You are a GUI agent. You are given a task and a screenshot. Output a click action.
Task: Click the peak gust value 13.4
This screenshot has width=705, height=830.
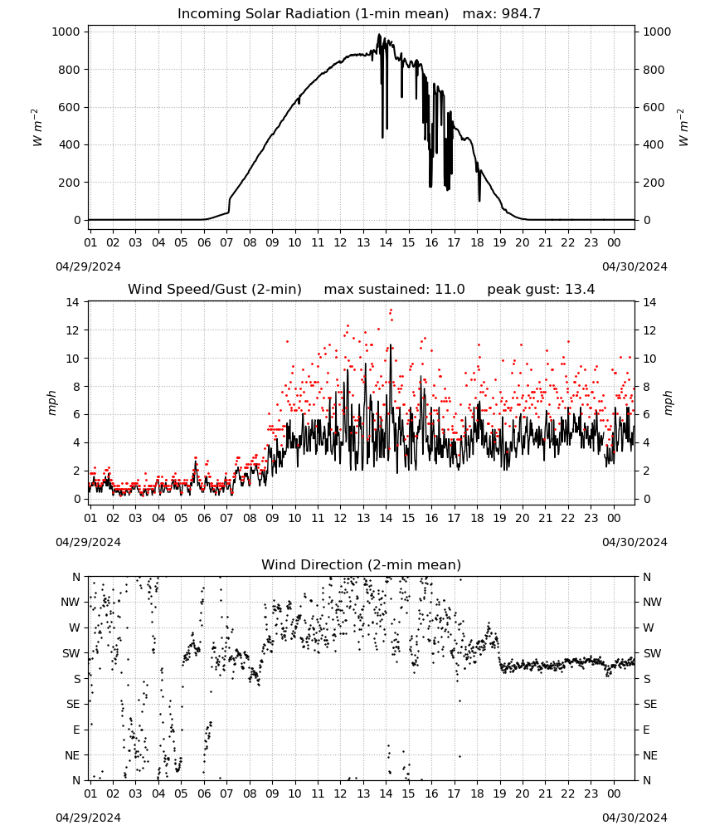(x=581, y=290)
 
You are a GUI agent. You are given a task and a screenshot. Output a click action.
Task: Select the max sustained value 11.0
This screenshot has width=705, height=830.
(x=450, y=290)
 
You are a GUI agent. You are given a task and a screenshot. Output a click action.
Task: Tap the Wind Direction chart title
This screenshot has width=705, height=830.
(x=362, y=564)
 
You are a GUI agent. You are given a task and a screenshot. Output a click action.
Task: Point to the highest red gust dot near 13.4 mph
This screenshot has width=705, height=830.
(x=391, y=310)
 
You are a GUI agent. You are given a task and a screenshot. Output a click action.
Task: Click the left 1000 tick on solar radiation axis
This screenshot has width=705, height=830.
(x=66, y=32)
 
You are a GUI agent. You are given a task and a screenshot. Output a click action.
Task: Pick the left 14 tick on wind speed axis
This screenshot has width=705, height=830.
(x=73, y=302)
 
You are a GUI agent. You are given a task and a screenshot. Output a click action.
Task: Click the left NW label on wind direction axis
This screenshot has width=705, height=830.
(x=70, y=603)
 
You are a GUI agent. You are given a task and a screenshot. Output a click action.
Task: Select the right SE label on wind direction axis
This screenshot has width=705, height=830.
(x=650, y=705)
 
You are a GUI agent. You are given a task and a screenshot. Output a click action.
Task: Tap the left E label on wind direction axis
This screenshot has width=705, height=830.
(x=76, y=730)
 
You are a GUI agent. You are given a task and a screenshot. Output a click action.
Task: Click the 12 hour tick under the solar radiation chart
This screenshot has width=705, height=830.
(x=340, y=243)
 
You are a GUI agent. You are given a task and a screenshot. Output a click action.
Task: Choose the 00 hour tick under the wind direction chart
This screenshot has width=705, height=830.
(x=614, y=793)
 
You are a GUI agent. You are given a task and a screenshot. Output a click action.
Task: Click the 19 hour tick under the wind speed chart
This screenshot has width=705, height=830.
(x=500, y=518)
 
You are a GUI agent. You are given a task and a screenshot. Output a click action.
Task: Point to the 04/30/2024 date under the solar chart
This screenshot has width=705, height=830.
(x=634, y=266)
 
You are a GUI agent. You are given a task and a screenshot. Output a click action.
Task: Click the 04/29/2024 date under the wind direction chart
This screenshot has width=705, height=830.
(x=88, y=818)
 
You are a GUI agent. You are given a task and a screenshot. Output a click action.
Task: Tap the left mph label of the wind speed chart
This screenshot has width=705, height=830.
(x=51, y=403)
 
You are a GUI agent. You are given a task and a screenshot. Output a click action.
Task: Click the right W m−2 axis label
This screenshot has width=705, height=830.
(x=683, y=127)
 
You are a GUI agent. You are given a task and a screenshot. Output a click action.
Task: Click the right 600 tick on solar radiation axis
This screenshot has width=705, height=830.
(x=654, y=107)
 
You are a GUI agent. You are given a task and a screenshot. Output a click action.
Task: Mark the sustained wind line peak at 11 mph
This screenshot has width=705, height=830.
(x=391, y=344)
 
